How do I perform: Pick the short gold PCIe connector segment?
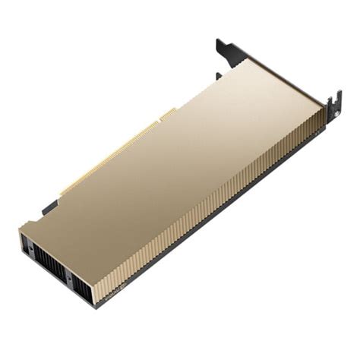coord(167,115)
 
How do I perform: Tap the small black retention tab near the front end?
coord(49,207)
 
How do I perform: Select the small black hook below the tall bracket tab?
coord(219,75)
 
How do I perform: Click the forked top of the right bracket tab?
coord(333,98)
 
